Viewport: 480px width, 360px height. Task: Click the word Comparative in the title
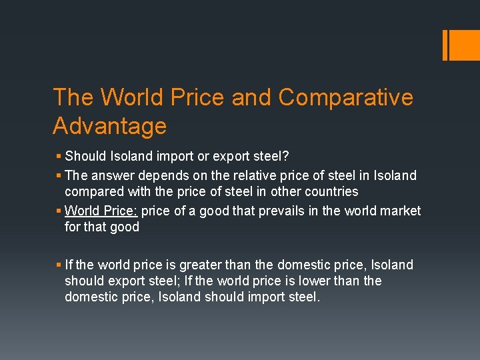coord(345,97)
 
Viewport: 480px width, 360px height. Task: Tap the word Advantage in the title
coord(109,125)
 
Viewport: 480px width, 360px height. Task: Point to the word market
coord(399,211)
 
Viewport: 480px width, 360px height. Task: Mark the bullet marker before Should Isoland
coord(59,157)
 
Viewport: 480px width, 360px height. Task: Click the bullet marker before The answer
coord(59,176)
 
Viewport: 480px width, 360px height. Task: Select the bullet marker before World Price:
coord(59,211)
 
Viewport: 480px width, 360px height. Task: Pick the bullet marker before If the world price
coord(59,265)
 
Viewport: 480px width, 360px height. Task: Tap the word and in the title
coord(253,97)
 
